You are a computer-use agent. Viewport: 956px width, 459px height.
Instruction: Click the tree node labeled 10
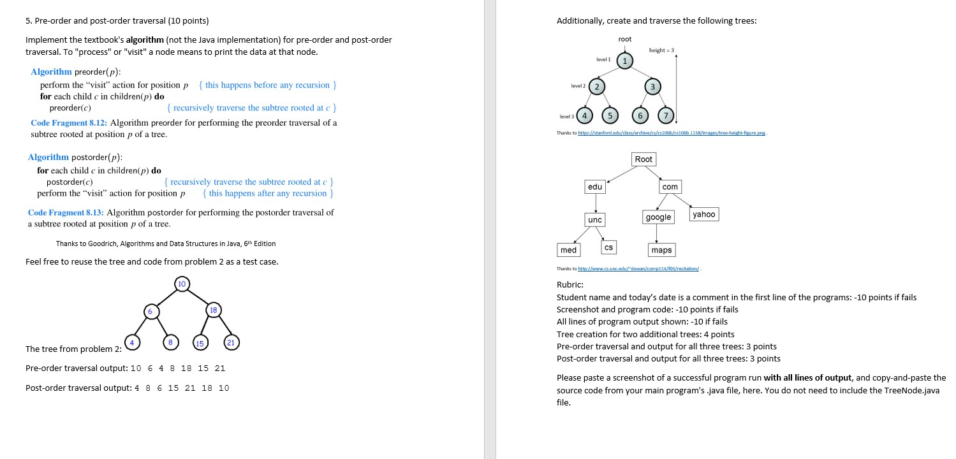(x=182, y=282)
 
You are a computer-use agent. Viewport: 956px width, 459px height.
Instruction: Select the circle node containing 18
(x=212, y=310)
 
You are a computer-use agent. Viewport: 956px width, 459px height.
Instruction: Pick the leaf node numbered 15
(x=200, y=343)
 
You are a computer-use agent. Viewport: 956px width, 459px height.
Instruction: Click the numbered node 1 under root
(x=625, y=61)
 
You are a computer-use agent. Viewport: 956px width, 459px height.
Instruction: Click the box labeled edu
(x=594, y=187)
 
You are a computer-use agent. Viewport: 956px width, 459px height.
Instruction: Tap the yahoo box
(x=703, y=214)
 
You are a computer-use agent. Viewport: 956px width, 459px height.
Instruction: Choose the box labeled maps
(x=661, y=250)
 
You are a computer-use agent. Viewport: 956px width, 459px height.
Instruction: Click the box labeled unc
(x=594, y=219)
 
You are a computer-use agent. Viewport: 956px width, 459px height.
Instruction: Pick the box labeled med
(x=568, y=250)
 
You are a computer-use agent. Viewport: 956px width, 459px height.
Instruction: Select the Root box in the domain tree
(x=643, y=159)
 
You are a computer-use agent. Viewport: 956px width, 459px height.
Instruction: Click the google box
(x=658, y=217)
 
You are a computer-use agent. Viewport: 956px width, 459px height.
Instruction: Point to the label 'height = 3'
(x=661, y=50)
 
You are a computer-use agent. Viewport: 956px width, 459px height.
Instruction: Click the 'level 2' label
(x=579, y=86)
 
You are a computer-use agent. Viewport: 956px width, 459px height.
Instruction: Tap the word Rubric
(x=570, y=285)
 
